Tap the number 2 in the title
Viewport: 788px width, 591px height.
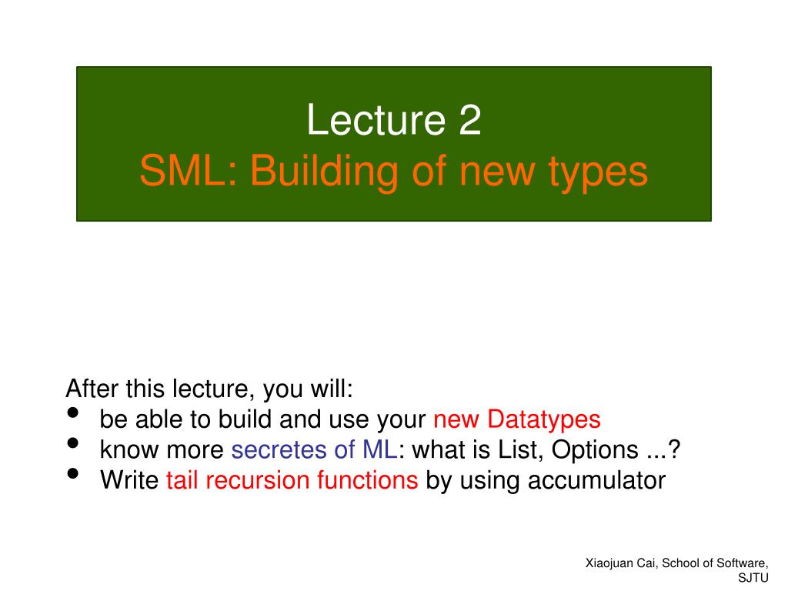pos(470,121)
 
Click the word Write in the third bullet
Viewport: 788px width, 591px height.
pos(129,480)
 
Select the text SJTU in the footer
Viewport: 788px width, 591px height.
pos(753,578)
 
